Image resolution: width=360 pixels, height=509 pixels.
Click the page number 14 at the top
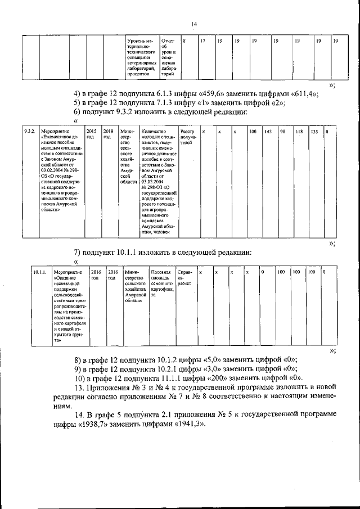point(193,24)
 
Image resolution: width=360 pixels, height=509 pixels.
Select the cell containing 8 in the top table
point(183,42)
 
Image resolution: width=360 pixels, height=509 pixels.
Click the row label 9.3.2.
point(30,132)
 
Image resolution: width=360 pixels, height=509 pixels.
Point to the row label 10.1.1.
point(39,272)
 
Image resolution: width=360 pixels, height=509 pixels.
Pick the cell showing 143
point(268,132)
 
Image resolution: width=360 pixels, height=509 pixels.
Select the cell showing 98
point(283,132)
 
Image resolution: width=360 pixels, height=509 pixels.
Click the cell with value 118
point(299,132)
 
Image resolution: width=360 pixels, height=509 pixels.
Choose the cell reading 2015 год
point(91,134)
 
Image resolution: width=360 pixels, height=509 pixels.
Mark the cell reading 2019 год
point(109,134)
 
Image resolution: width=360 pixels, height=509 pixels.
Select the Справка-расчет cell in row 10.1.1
point(184,278)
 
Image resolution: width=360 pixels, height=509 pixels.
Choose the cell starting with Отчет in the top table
point(169,58)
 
